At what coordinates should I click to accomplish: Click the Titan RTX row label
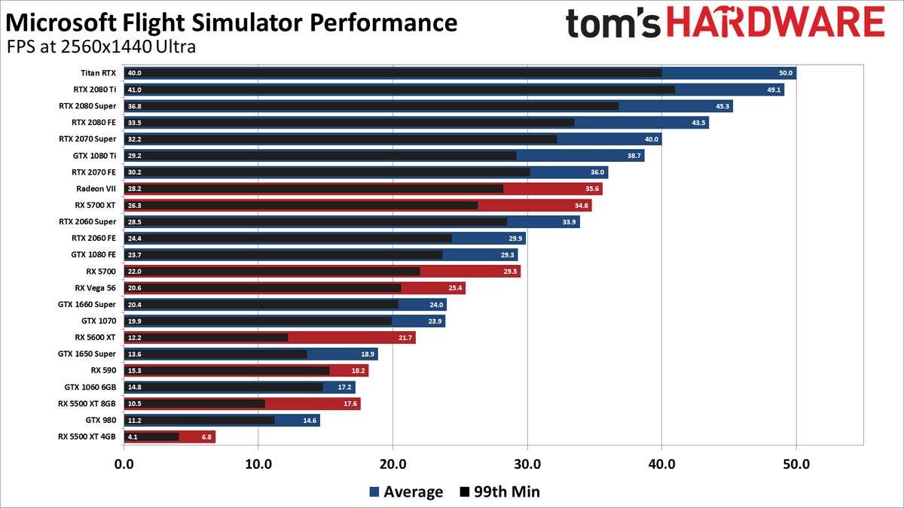98,73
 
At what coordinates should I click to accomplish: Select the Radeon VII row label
96,188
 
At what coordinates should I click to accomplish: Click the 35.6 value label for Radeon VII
592,188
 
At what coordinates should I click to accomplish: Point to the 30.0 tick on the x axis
527,464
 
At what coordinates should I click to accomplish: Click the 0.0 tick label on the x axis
123,464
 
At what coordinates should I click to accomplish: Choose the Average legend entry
405,492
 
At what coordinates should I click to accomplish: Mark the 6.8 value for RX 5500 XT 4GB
205,437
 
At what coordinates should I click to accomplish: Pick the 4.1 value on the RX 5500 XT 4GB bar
133,437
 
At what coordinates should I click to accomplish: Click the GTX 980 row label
101,420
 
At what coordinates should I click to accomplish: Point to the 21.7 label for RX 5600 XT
405,337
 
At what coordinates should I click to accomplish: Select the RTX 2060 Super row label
87,221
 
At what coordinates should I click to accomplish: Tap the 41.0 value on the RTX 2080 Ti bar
135,90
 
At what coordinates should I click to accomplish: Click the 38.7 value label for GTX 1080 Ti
634,156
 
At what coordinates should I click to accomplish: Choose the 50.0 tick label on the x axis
796,464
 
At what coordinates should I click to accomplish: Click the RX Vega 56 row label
95,287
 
